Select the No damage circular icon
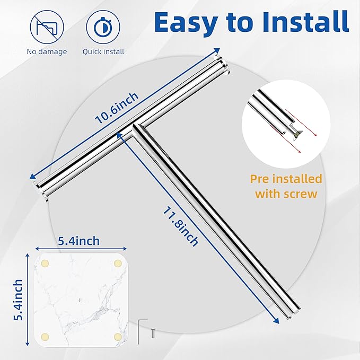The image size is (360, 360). pyautogui.click(x=47, y=27)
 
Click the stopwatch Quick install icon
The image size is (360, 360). pyautogui.click(x=103, y=27)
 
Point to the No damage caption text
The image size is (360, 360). pyautogui.click(x=47, y=51)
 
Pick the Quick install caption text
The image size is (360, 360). pyautogui.click(x=103, y=51)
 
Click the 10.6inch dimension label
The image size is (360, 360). pyautogui.click(x=117, y=108)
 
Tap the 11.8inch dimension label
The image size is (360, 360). pyautogui.click(x=180, y=226)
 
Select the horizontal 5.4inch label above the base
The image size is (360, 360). pyautogui.click(x=79, y=241)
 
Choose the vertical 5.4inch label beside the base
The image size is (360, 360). pyautogui.click(x=18, y=300)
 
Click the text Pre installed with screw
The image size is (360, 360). pyautogui.click(x=286, y=186)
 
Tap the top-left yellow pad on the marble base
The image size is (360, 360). pyautogui.click(x=45, y=264)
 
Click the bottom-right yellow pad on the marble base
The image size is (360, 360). pyautogui.click(x=118, y=337)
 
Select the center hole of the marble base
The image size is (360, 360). pyautogui.click(x=80, y=300)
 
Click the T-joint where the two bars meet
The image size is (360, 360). pyautogui.click(x=135, y=128)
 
